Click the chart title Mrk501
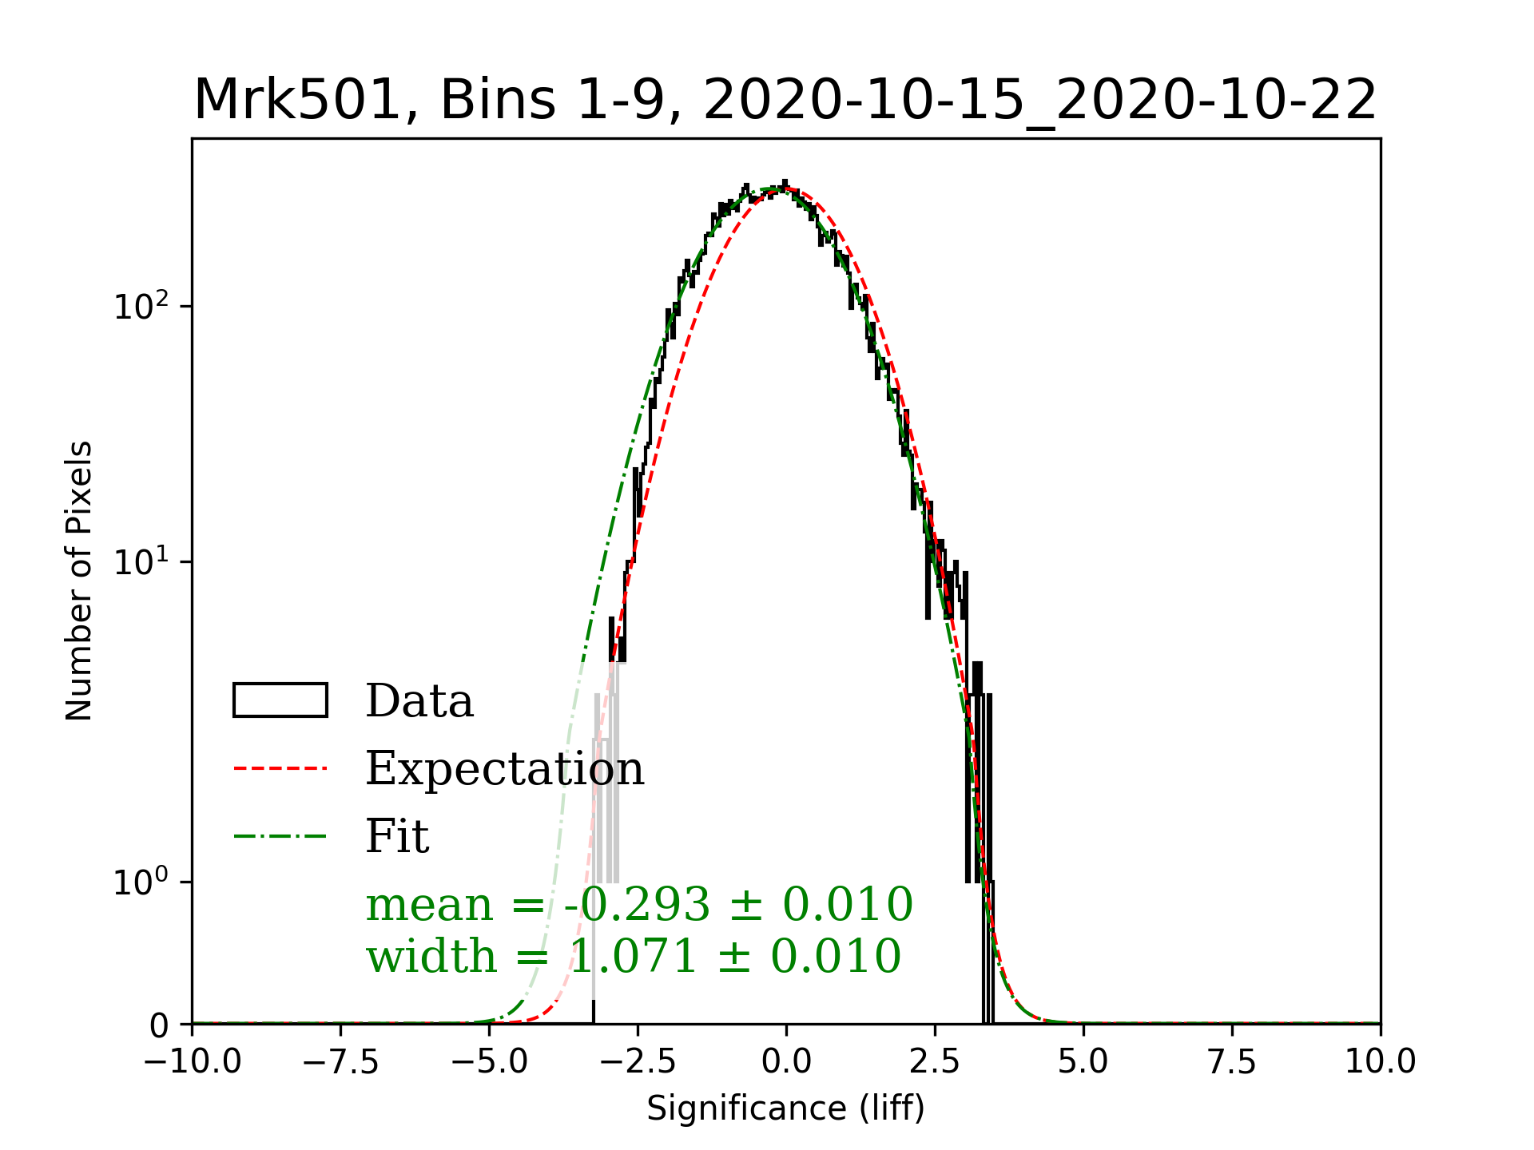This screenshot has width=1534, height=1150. (785, 101)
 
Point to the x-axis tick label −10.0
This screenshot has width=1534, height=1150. (192, 1061)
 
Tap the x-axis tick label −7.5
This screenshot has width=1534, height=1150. (340, 1061)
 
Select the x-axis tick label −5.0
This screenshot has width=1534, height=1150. (489, 1061)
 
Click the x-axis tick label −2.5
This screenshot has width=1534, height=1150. (638, 1061)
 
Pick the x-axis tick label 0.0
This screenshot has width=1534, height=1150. (786, 1061)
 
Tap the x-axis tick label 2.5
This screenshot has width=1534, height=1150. (935, 1061)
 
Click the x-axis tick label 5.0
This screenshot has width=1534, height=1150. (1083, 1061)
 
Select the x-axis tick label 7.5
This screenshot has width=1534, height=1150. (1232, 1061)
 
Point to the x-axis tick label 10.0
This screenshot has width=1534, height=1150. (1381, 1061)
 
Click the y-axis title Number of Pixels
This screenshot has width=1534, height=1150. (79, 581)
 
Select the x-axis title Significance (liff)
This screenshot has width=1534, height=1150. (785, 1108)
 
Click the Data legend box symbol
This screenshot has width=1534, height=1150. (280, 700)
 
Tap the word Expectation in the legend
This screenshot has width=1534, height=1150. (504, 768)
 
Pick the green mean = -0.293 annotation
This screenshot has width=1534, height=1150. (639, 905)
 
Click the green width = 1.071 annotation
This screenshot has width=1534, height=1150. (634, 956)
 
